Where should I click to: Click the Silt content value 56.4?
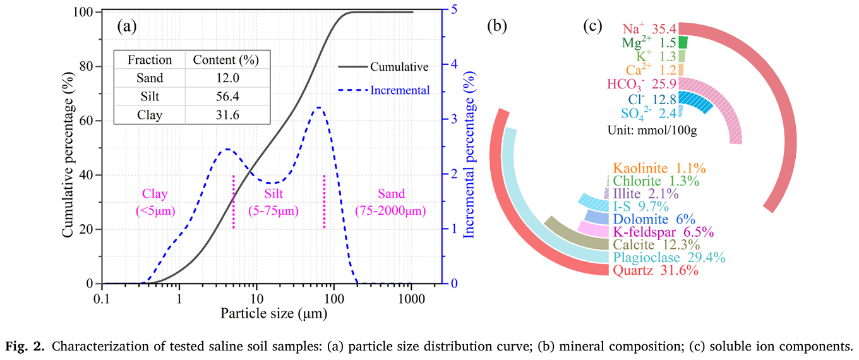[226, 97]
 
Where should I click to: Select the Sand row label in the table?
[150, 78]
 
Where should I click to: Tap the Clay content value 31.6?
[226, 116]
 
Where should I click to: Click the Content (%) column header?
[226, 60]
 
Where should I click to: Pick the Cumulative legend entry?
[399, 67]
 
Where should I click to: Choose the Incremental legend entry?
[399, 90]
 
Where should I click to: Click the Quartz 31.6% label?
[656, 271]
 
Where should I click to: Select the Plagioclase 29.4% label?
[668, 258]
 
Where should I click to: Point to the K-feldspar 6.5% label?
[663, 231]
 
